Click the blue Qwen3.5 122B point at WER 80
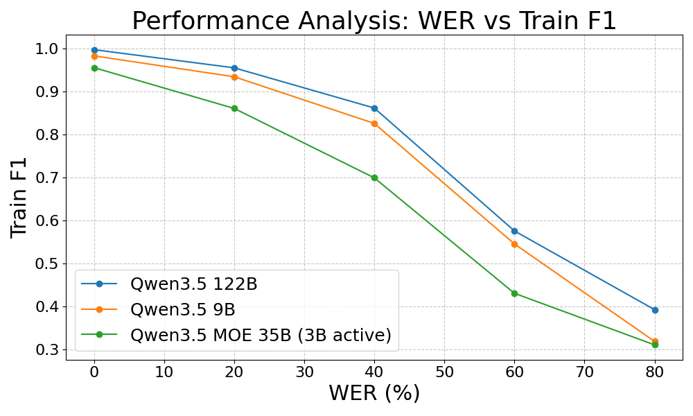(655, 311)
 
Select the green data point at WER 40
(374, 177)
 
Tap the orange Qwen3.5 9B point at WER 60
(514, 244)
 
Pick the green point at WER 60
(514, 293)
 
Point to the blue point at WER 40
(374, 108)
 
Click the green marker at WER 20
(234, 108)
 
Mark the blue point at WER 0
(94, 50)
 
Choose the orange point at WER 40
(374, 124)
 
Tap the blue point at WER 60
(514, 231)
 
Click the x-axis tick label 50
(444, 372)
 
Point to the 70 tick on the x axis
(584, 372)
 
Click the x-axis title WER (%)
(374, 393)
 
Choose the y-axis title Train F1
(19, 198)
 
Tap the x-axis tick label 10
(164, 372)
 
